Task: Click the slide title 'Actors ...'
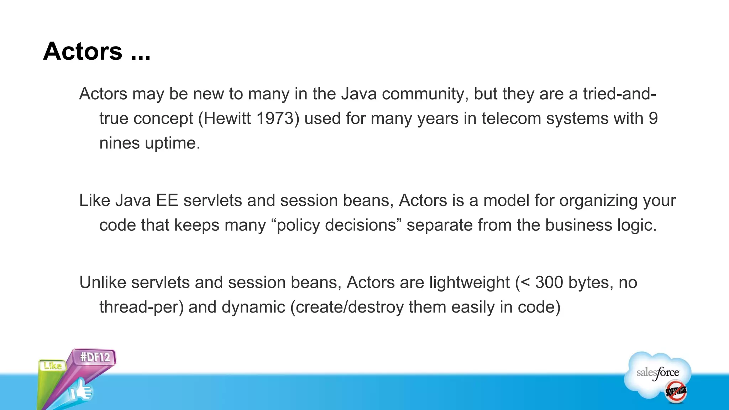tap(97, 52)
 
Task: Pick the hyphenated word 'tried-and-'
tap(619, 94)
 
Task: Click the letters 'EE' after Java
tap(167, 200)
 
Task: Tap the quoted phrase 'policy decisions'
tap(336, 225)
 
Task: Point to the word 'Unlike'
tap(103, 283)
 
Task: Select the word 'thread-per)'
tap(141, 307)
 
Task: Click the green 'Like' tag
tap(53, 366)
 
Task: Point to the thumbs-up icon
tap(81, 391)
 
